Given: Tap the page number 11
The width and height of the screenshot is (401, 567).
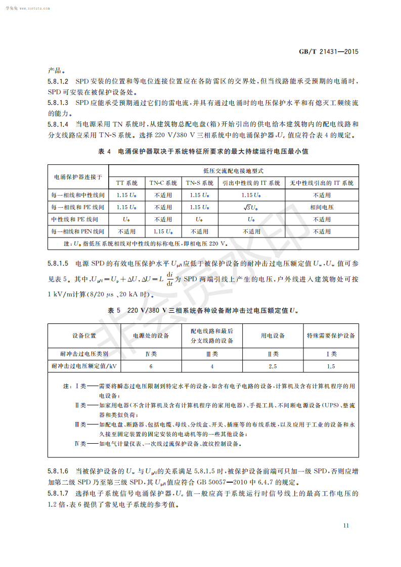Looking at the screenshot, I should tap(346, 526).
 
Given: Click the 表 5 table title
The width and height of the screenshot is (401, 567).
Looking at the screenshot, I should tap(203, 310).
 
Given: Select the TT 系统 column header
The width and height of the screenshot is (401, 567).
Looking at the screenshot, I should tap(127, 183).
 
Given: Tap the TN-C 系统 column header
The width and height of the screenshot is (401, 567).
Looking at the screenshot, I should tap(163, 183).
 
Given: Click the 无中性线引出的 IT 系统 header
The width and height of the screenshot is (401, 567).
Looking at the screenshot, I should tap(322, 183).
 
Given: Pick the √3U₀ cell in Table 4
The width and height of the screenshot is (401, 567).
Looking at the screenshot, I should tap(251, 207).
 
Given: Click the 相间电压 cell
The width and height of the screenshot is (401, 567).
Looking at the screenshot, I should tap(322, 207).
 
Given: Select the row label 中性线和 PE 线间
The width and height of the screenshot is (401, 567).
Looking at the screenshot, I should tap(75, 219).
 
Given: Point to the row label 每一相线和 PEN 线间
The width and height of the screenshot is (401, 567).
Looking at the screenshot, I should tap(78, 231).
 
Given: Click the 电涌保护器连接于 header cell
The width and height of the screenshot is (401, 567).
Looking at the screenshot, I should tap(78, 177).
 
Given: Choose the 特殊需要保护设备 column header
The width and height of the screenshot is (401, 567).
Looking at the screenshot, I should tap(331, 335).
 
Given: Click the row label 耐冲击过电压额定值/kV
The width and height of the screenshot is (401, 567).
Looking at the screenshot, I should tap(80, 366).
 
